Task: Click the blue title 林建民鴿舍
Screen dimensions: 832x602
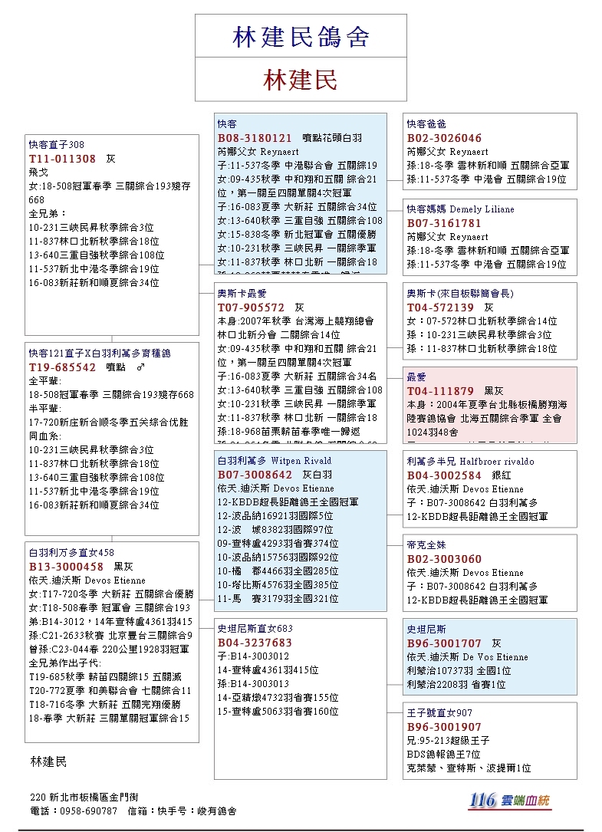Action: point(301,36)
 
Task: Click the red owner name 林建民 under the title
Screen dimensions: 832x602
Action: point(301,79)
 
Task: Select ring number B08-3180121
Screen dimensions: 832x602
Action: point(255,138)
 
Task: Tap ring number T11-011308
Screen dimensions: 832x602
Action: point(62,159)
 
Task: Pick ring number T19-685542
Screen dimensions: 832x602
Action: point(62,367)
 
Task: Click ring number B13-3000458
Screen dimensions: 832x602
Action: point(66,567)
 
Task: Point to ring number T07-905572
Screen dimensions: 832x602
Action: point(251,307)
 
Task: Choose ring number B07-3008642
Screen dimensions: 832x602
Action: point(255,475)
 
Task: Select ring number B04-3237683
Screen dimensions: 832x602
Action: point(255,643)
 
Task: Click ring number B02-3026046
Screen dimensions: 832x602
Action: point(444,138)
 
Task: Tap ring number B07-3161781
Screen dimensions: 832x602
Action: point(444,223)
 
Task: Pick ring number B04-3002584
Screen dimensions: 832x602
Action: point(444,475)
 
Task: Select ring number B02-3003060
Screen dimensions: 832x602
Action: point(444,559)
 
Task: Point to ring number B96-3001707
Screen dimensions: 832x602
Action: point(444,643)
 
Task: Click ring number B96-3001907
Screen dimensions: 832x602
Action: point(444,727)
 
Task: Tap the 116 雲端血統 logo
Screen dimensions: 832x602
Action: point(510,800)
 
